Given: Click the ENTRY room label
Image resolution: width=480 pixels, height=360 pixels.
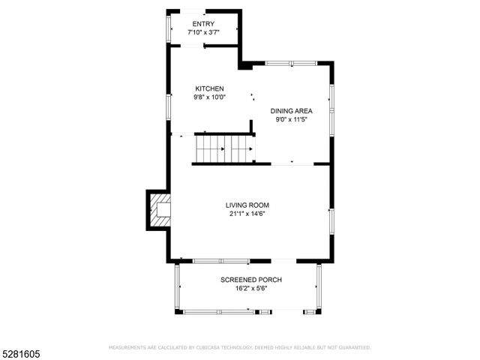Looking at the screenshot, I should pos(203,24).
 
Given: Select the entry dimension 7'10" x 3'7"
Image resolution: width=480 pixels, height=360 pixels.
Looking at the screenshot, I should pos(203,32).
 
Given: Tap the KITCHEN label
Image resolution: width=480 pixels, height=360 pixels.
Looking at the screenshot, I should pos(210,88).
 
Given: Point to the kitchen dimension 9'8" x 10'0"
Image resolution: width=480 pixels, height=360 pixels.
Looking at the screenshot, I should pos(210,97).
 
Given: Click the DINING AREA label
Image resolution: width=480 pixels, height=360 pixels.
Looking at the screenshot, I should pos(292,111).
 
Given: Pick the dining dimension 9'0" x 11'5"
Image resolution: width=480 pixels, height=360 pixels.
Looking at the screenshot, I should pos(292,119).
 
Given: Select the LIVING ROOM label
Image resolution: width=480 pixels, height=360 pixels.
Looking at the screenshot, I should pos(248,205).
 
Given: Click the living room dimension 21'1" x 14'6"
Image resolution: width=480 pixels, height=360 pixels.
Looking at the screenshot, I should pos(248,213).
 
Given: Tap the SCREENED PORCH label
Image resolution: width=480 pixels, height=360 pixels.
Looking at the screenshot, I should pos(251,280).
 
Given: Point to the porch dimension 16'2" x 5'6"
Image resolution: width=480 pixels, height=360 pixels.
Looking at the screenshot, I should pos(251,288).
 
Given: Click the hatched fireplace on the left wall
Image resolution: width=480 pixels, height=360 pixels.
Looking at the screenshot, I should pos(159,209).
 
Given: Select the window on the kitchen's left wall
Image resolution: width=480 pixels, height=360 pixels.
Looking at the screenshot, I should pos(169,106).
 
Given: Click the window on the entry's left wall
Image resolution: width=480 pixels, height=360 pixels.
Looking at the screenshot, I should pos(168,28).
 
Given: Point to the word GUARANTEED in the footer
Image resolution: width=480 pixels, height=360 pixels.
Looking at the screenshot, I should pos(353,347).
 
